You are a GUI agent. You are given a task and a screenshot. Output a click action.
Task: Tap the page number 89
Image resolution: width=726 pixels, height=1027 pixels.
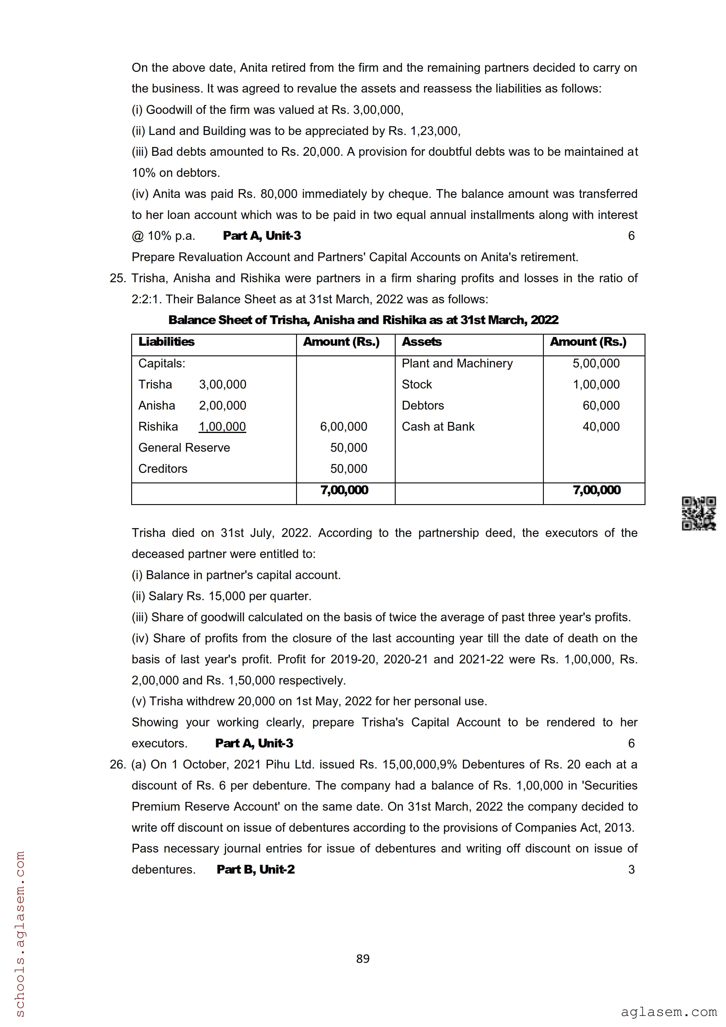(363, 958)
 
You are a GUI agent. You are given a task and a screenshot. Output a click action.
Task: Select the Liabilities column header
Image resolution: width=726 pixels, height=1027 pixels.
(166, 342)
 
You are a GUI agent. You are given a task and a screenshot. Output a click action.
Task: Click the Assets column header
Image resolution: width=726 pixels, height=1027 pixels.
(421, 342)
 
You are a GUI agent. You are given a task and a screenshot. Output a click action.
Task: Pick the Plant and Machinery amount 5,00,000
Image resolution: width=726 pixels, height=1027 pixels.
(596, 363)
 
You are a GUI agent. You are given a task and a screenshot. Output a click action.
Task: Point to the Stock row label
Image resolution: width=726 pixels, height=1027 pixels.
(416, 384)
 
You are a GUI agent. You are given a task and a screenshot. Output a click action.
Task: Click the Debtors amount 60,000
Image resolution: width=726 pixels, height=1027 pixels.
(601, 405)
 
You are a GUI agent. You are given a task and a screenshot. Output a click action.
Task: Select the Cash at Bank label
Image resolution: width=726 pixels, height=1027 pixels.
(438, 426)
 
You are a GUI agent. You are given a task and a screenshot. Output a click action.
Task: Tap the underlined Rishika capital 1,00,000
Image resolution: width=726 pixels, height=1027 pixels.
(222, 426)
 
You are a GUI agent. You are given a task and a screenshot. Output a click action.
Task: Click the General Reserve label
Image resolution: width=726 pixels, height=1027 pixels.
(184, 447)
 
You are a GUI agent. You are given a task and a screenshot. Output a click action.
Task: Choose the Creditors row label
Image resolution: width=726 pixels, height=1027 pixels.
(163, 468)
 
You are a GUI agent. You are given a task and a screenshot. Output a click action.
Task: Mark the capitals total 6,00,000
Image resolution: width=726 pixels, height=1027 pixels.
(343, 426)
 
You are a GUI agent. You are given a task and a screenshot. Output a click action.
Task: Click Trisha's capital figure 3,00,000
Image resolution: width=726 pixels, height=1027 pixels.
(222, 384)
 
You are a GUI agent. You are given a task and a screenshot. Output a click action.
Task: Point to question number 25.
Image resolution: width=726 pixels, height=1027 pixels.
(118, 278)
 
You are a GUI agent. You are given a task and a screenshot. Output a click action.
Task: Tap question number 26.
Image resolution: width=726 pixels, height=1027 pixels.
(118, 764)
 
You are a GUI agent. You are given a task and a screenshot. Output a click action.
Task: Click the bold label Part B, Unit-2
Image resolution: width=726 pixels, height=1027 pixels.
(255, 869)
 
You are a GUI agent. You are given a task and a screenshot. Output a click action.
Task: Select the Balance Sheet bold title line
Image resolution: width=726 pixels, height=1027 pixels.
(363, 320)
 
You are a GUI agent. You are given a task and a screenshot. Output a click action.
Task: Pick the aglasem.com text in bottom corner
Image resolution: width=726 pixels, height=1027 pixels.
(668, 1012)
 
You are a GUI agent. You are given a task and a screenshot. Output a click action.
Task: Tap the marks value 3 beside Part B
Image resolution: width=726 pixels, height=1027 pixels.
(631, 869)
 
